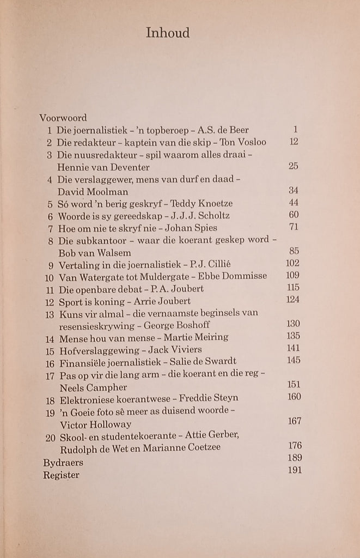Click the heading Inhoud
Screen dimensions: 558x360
[x=168, y=33]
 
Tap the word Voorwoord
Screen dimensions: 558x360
[x=63, y=118]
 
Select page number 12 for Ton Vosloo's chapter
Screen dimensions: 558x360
[x=294, y=142]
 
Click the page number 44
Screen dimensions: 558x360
[x=294, y=203]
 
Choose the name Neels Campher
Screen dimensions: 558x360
[x=91, y=387]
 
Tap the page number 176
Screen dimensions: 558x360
[x=294, y=446]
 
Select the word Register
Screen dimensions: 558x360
[x=61, y=475]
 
